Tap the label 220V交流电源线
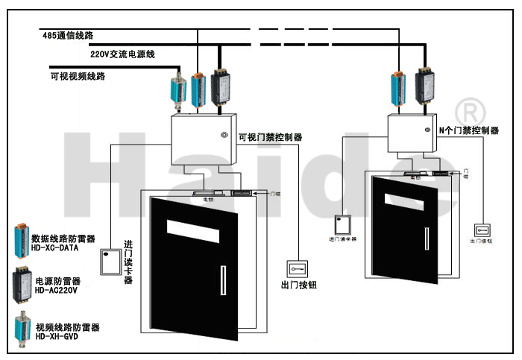123,54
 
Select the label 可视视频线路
78,76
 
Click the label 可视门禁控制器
270,137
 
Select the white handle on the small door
427,238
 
